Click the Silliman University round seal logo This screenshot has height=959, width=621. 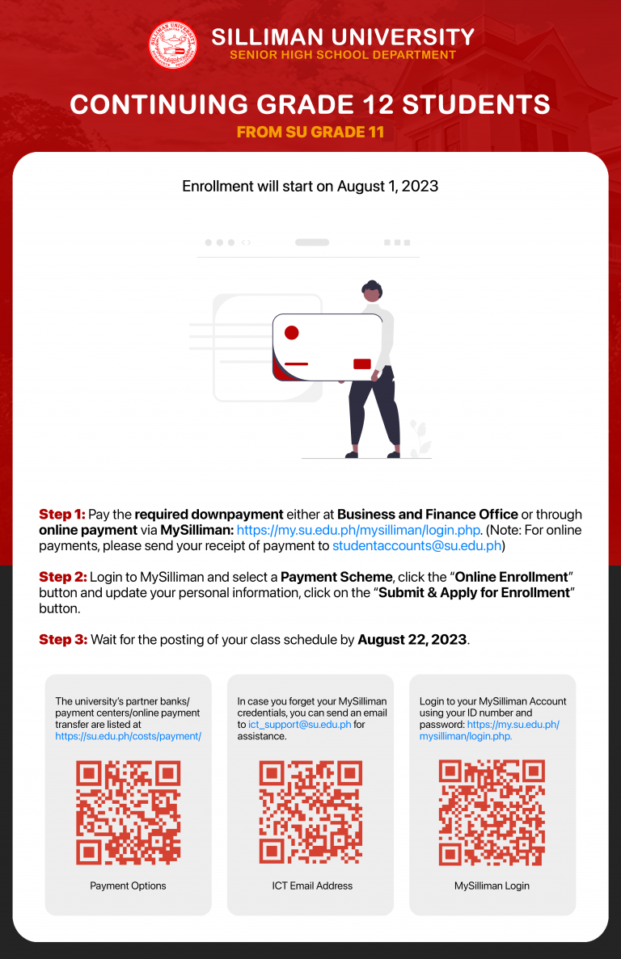click(173, 45)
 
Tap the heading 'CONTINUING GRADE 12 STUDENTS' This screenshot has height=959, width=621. click(310, 104)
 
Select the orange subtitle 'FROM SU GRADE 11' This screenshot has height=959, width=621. click(310, 132)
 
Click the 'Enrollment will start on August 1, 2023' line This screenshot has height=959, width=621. click(310, 187)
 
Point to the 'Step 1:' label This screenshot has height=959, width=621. click(61, 515)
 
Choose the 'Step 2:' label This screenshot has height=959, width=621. click(61, 577)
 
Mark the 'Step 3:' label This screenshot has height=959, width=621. click(62, 640)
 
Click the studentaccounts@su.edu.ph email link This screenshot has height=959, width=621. click(417, 546)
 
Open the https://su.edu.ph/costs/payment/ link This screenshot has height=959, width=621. click(128, 736)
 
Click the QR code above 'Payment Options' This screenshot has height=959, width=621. click(128, 813)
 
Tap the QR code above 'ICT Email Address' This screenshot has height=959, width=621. click(310, 813)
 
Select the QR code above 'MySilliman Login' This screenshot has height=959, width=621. click(492, 813)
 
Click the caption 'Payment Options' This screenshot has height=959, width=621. click(128, 885)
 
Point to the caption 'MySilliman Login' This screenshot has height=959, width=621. click(492, 885)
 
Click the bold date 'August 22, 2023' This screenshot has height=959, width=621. click(412, 640)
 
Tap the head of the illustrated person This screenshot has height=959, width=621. click(372, 292)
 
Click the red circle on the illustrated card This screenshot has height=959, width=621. click(292, 333)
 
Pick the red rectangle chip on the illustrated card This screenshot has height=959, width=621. click(362, 364)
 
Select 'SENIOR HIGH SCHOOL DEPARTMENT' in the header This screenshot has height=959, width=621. click(343, 55)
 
